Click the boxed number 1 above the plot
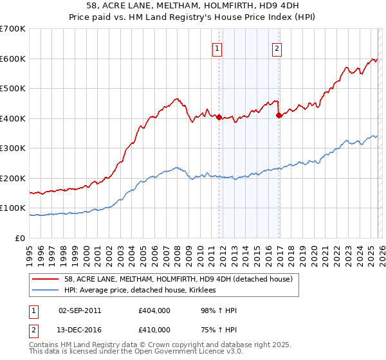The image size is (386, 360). [x=217, y=48]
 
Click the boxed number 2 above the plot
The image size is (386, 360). [x=277, y=48]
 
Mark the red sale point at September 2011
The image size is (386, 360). [x=219, y=117]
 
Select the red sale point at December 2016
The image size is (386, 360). [x=279, y=116]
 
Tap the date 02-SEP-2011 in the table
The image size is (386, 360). [x=80, y=310]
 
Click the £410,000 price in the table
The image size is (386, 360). [x=154, y=329]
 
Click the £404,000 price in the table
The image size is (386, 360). [x=154, y=310]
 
